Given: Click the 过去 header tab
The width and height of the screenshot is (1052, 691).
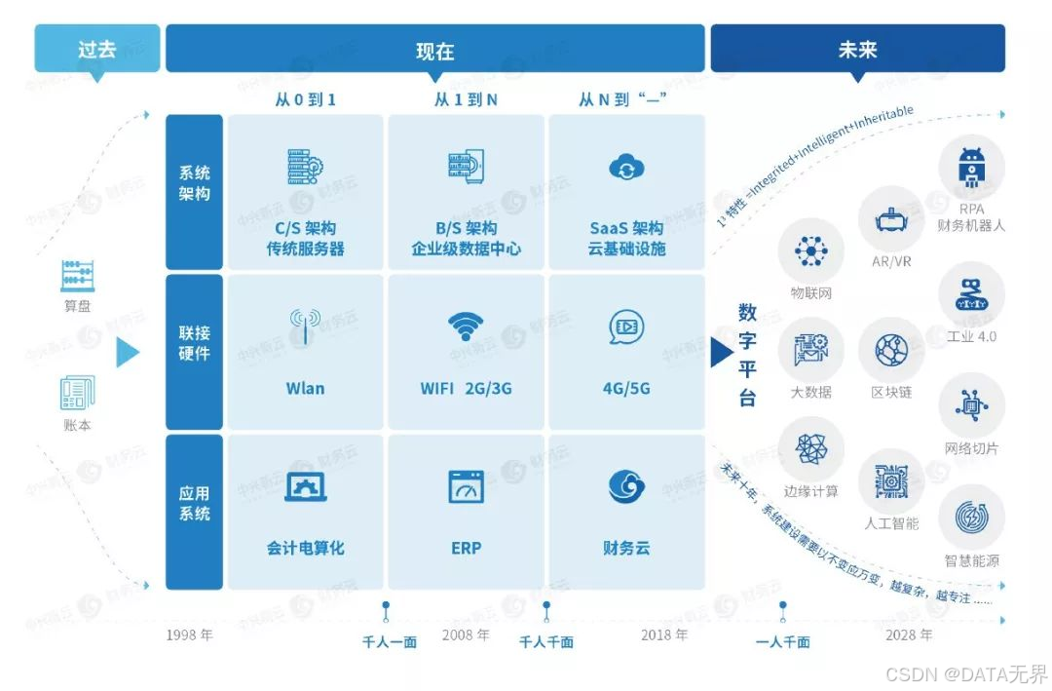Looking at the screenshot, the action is point(96,49).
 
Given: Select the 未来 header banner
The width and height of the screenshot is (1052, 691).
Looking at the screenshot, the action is point(857,49).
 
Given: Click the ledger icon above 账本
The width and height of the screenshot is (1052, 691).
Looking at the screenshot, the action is point(77,393).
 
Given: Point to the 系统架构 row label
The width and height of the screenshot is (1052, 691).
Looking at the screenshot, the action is point(194,183).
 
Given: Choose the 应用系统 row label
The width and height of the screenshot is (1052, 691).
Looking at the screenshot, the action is point(194,503).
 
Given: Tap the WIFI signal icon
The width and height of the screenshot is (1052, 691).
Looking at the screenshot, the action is point(466,326).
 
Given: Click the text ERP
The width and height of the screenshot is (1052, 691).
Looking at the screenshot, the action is point(466,548).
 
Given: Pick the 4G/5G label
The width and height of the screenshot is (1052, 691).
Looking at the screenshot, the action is point(626,388).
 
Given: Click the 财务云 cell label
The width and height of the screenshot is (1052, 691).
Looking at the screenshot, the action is point(626,548).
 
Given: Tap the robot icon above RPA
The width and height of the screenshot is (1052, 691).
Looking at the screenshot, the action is point(971,168).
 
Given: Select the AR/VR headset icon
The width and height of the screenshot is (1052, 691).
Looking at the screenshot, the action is point(890,220).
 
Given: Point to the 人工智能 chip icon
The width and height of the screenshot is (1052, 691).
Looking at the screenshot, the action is point(890,480).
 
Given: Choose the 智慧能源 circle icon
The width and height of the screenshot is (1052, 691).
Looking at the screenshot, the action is point(971,517).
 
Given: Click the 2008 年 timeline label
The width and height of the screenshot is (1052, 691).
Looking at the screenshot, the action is point(466,634).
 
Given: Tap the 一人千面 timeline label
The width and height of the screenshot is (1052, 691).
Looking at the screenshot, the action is point(783,642).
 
